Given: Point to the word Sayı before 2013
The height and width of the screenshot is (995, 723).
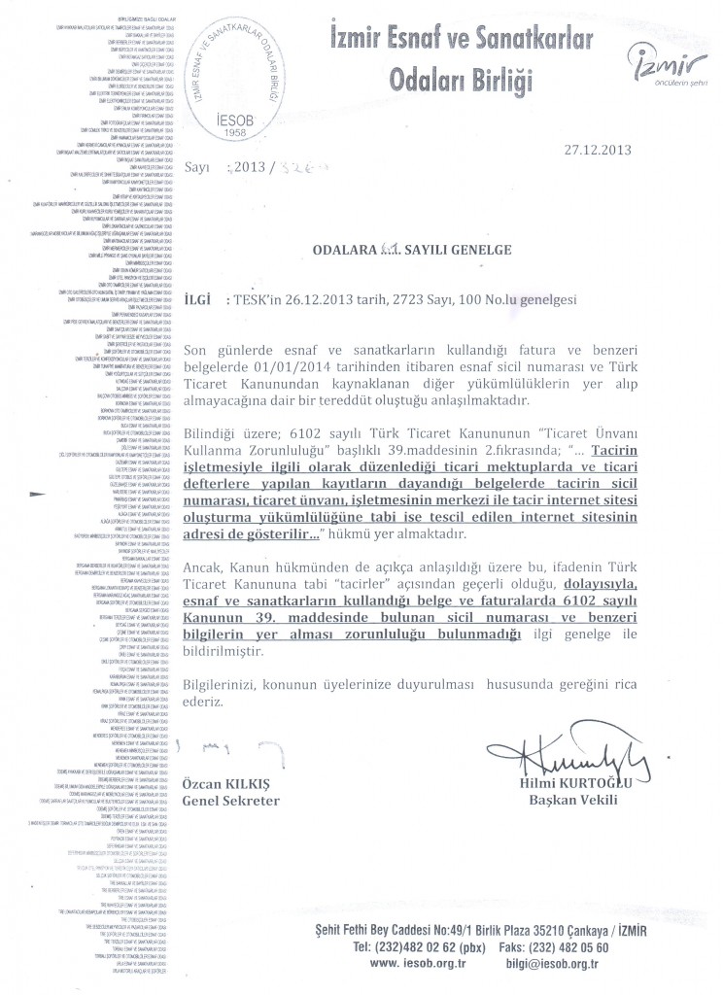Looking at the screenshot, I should tap(197, 166).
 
